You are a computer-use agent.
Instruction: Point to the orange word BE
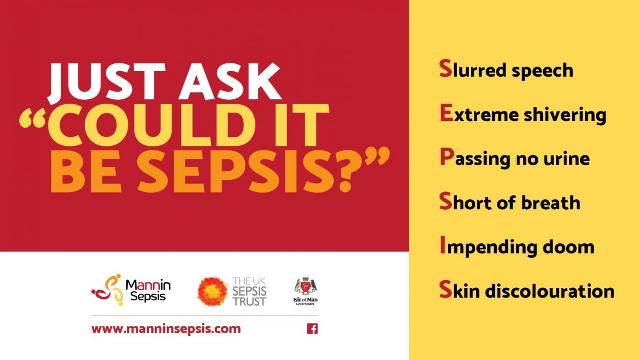pos(86,170)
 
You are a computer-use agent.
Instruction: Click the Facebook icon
pos(312,329)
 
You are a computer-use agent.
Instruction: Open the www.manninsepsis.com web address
pos(166,329)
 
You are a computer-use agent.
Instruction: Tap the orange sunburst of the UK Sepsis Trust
pos(212,291)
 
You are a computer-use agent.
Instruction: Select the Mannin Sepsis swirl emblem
pos(107,290)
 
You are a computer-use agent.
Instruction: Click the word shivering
pos(565,115)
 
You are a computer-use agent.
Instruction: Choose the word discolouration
pos(550,291)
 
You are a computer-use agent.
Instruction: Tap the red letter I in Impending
pos(443,245)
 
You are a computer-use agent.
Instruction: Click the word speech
pos(543,71)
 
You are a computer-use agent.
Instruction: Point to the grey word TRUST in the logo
pos(250,301)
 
